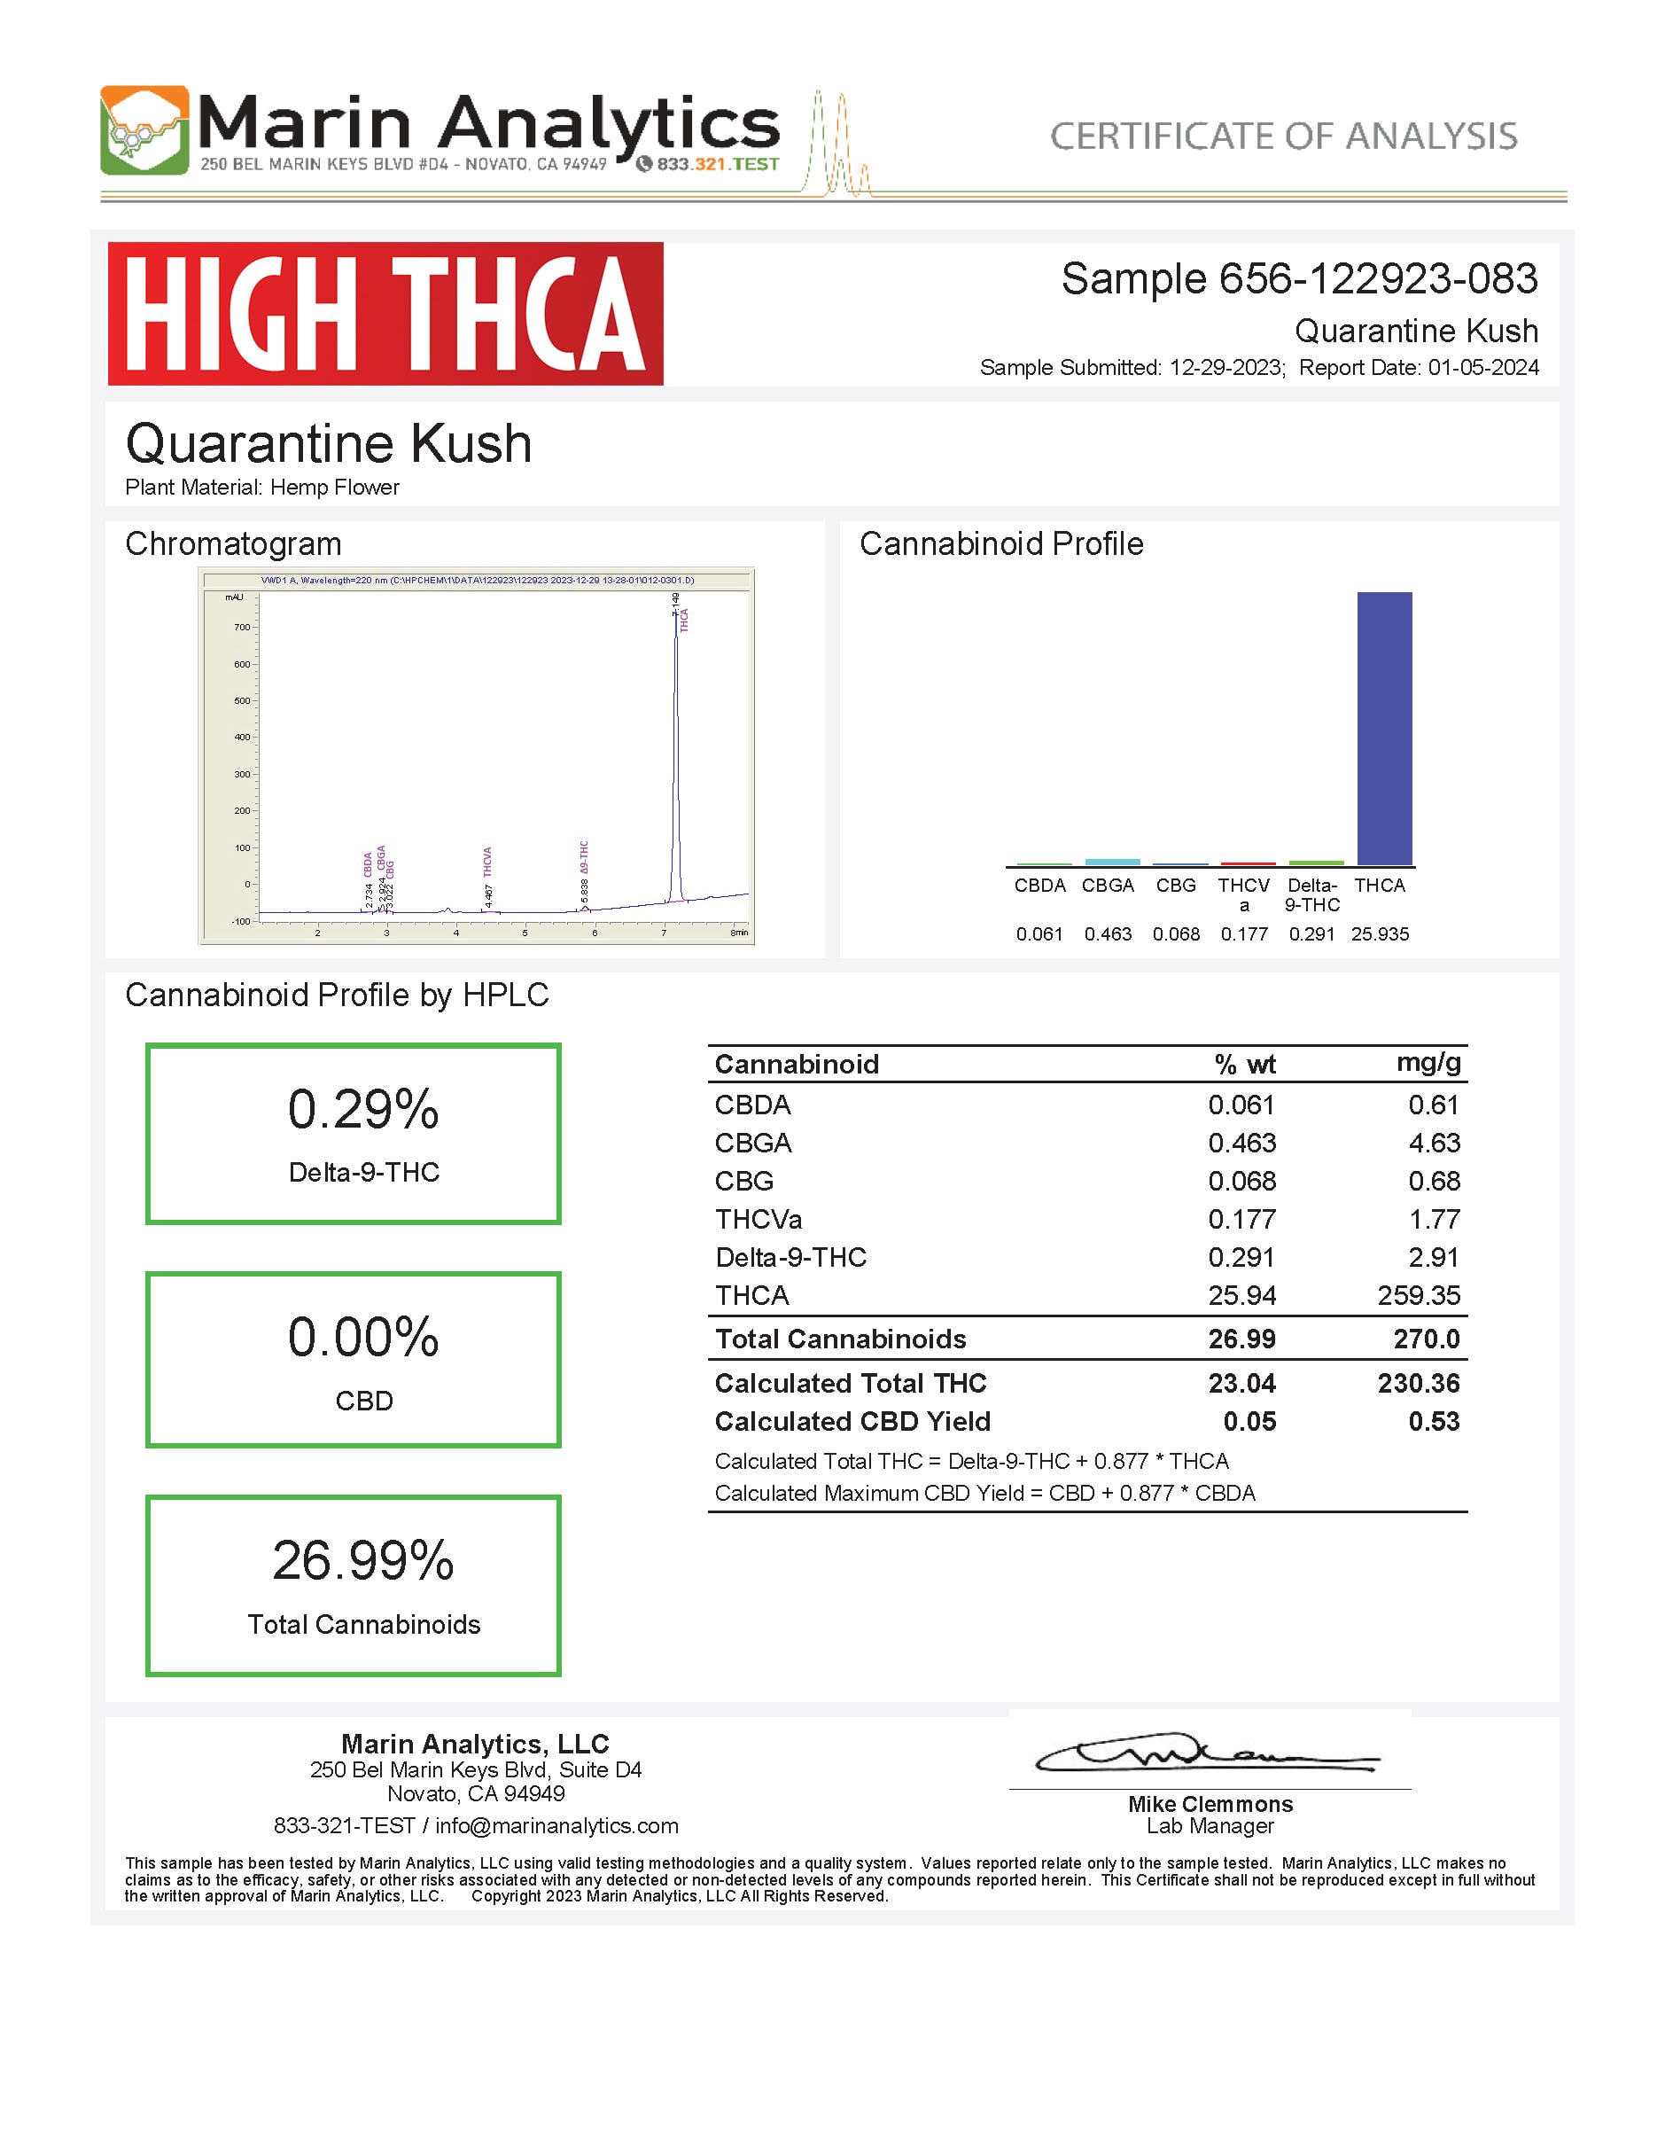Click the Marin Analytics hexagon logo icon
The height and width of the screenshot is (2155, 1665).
pos(144,130)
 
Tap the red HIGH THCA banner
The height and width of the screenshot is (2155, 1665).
pos(385,314)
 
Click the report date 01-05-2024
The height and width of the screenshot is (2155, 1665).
pos(1482,368)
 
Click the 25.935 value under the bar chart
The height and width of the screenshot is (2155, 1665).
pos(1379,933)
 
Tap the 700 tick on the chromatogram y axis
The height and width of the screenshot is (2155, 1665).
pos(242,628)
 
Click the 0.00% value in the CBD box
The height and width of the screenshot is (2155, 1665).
pos(363,1337)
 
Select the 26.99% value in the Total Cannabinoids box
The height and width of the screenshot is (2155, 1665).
pos(363,1561)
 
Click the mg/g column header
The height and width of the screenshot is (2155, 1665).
pos(1428,1063)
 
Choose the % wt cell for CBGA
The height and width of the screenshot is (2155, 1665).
pos(1241,1143)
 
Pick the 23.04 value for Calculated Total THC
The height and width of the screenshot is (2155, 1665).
pos(1241,1384)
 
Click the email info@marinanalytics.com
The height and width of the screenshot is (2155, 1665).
pos(556,1825)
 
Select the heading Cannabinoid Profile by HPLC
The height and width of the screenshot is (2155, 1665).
pos(337,995)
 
